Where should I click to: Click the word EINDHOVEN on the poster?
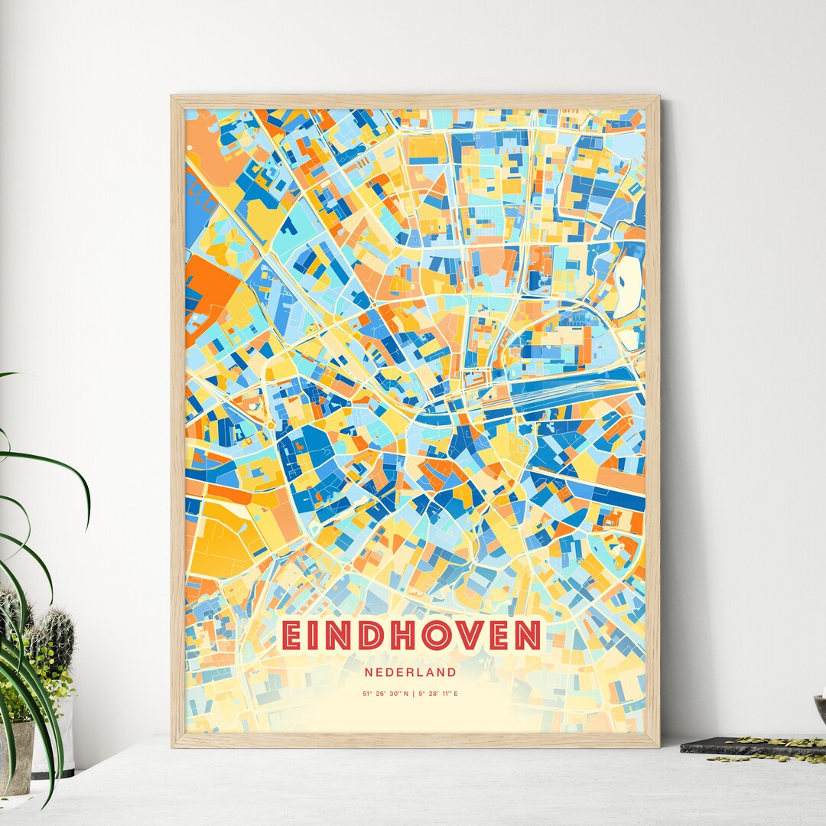click(411, 635)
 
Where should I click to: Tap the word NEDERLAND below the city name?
click(411, 672)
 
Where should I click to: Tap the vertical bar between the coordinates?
click(412, 694)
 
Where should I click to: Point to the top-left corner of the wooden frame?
click(173, 97)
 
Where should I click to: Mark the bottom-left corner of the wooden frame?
click(173, 745)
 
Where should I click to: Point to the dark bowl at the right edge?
click(821, 707)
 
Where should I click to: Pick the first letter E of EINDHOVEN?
click(291, 635)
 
